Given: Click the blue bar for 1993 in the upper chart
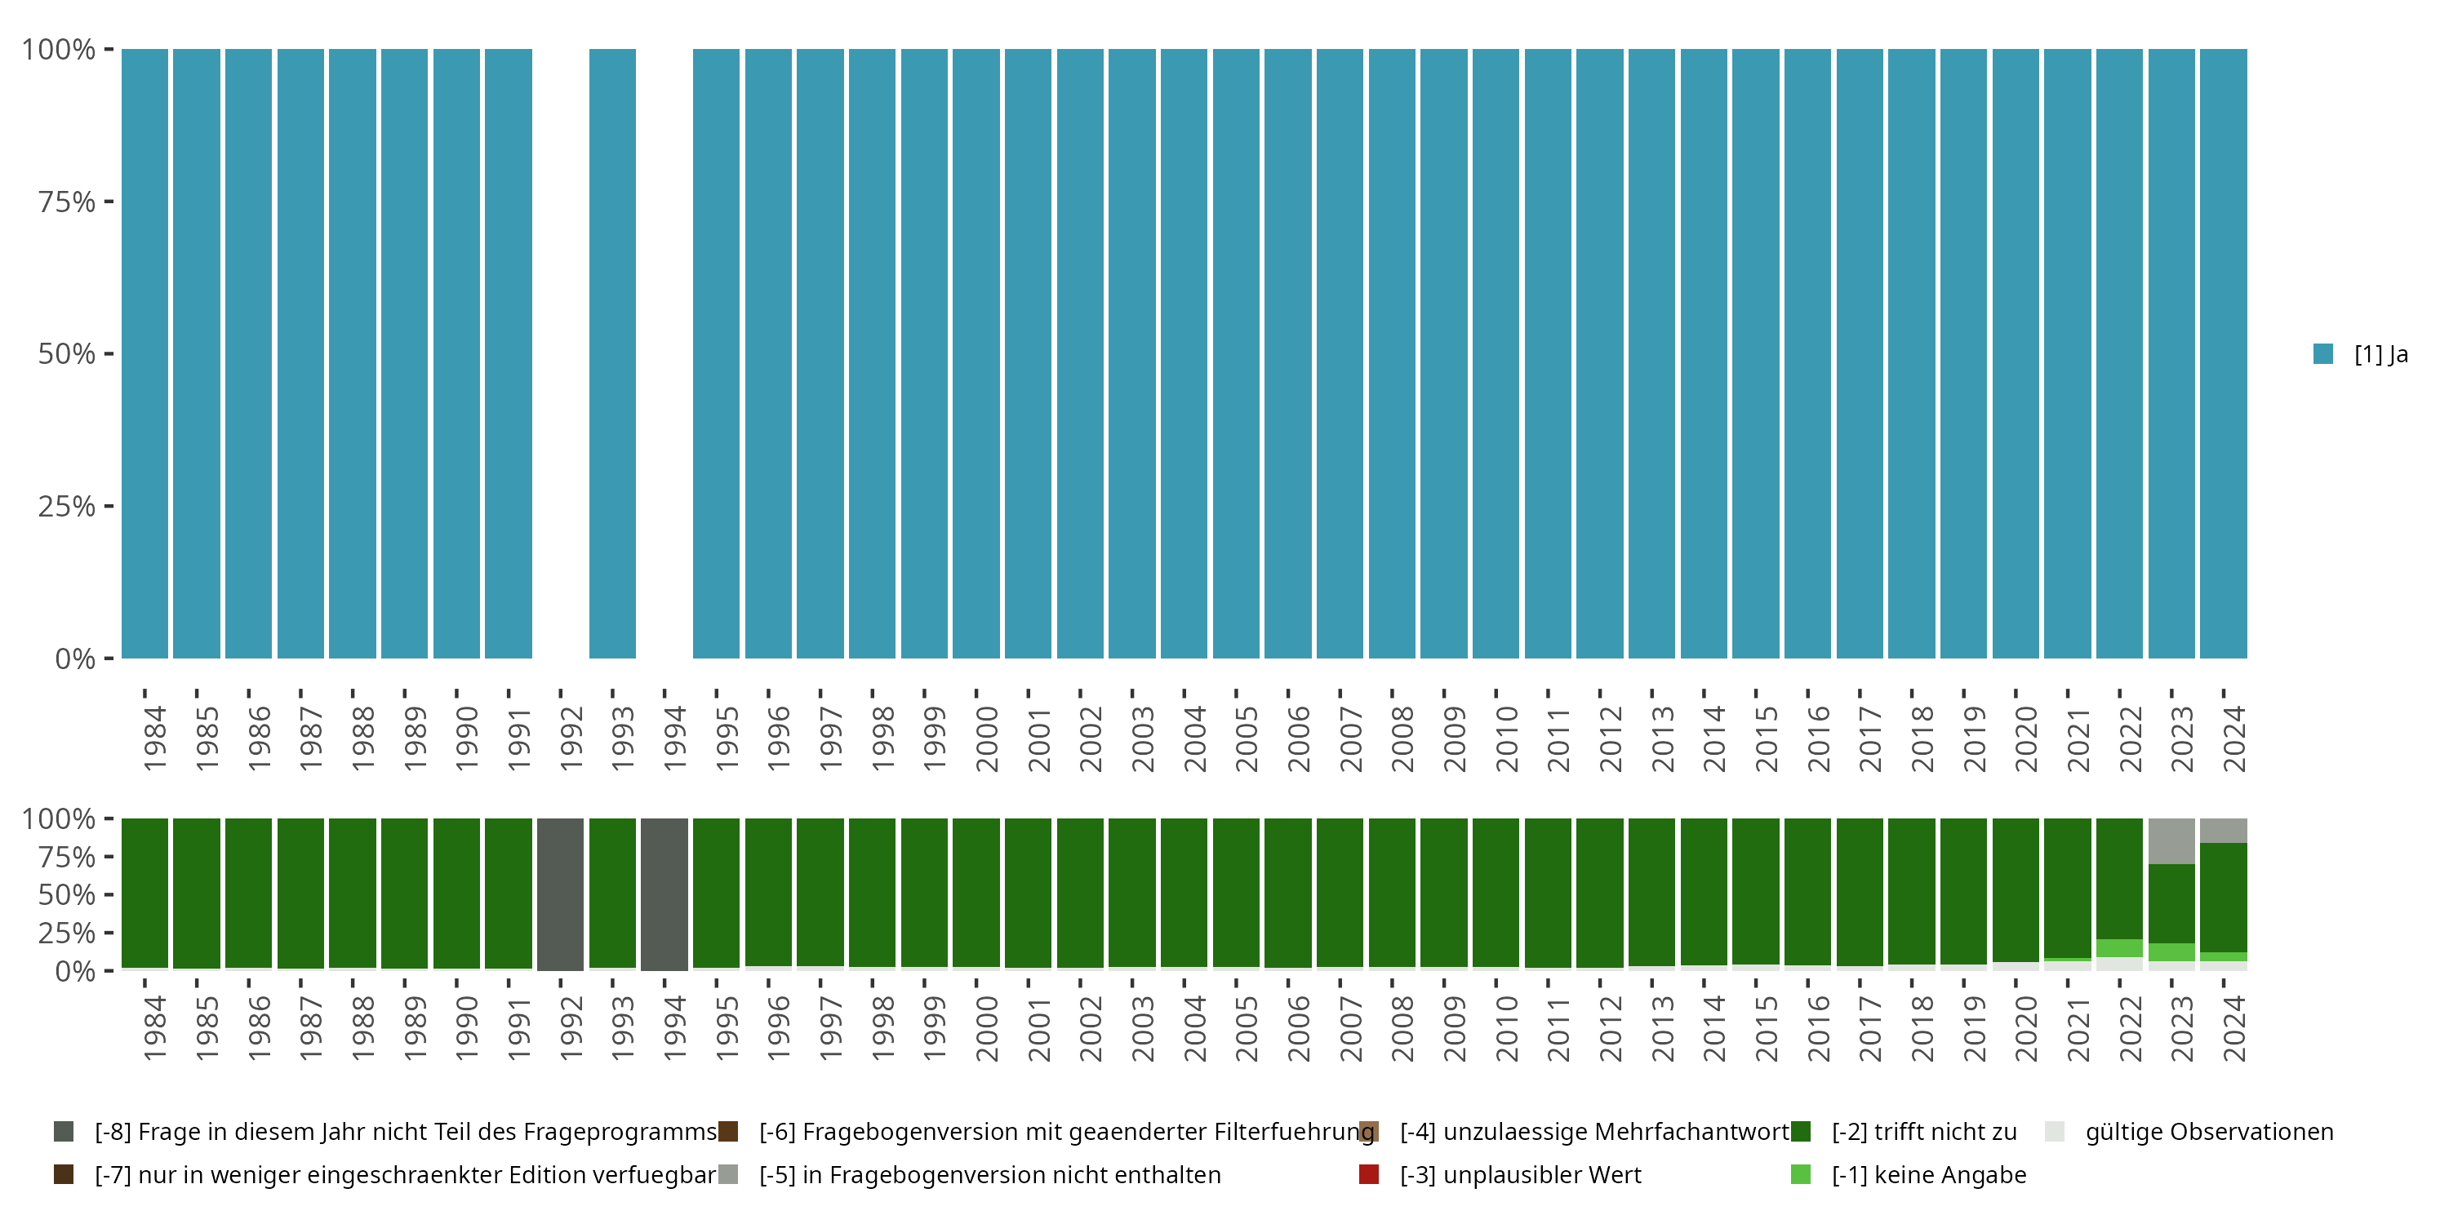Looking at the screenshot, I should (612, 353).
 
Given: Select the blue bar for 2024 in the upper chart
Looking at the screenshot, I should (2223, 353).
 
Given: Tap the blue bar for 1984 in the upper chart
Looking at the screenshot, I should (144, 353).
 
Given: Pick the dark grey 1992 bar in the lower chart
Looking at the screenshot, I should (560, 894).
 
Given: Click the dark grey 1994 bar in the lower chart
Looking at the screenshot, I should (664, 894).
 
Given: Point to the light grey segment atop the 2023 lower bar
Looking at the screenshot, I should (2171, 841).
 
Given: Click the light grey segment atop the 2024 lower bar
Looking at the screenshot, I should (2223, 831).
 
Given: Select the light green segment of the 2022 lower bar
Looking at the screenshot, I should (2119, 948).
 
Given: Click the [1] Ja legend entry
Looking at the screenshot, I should (2362, 354).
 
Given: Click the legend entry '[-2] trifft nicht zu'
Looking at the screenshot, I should (1922, 1132).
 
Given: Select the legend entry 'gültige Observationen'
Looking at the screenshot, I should (2207, 1132).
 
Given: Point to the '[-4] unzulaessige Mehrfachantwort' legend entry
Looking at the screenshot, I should (1593, 1132).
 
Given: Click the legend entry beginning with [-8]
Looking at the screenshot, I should (404, 1132).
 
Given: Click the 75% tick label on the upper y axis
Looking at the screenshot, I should (67, 202).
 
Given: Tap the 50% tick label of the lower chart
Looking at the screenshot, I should (67, 895).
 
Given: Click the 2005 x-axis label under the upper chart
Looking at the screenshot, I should (1246, 738).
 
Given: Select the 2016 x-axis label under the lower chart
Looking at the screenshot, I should (1818, 1028).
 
